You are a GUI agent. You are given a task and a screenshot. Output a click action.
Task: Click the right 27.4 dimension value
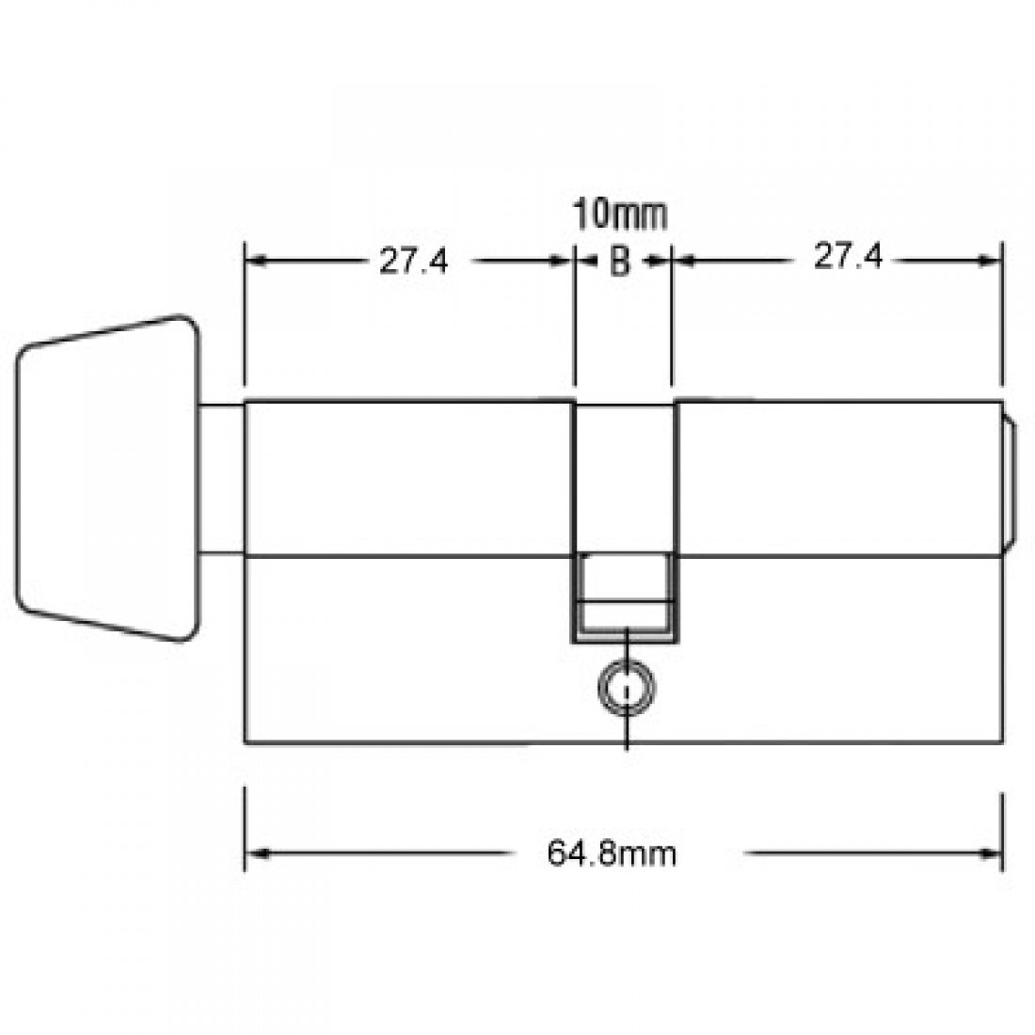pyautogui.click(x=847, y=258)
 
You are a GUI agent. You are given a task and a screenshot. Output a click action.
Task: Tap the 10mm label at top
pyautogui.click(x=621, y=215)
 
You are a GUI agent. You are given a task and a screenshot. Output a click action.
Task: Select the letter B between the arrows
pyautogui.click(x=620, y=263)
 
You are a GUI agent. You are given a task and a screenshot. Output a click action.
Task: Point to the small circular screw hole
pyautogui.click(x=625, y=690)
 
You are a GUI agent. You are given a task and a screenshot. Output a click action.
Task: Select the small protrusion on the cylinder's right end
pyautogui.click(x=1007, y=478)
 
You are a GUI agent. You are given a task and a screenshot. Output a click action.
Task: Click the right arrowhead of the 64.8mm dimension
pyautogui.click(x=993, y=853)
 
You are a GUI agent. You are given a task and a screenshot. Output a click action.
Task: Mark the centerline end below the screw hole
pyautogui.click(x=626, y=748)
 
